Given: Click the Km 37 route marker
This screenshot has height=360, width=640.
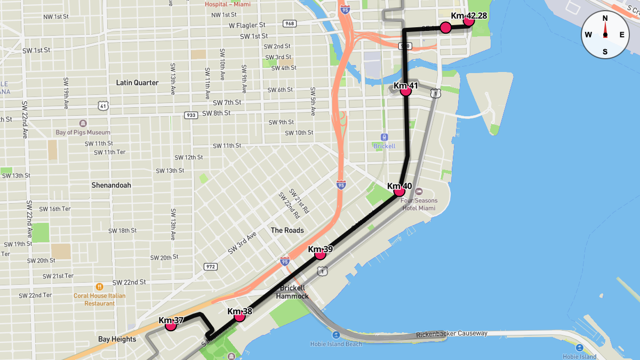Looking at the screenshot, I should pyautogui.click(x=171, y=325).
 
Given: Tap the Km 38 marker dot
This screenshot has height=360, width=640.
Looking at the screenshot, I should pyautogui.click(x=239, y=316).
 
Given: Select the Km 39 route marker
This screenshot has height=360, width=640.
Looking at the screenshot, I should pyautogui.click(x=320, y=254).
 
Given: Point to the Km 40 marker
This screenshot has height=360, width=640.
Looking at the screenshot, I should pyautogui.click(x=399, y=191).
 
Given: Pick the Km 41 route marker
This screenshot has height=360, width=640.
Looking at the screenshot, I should pyautogui.click(x=406, y=91).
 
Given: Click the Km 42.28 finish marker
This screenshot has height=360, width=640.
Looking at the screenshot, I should pyautogui.click(x=469, y=21).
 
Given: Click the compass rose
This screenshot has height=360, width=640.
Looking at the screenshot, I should pyautogui.click(x=605, y=35).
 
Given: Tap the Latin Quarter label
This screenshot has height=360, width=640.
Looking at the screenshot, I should pyautogui.click(x=137, y=83).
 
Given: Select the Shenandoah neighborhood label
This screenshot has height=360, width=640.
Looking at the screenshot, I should pyautogui.click(x=111, y=185).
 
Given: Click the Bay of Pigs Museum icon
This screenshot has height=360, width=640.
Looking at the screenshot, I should pyautogui.click(x=83, y=123).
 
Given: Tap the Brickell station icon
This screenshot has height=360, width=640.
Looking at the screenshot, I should pyautogui.click(x=384, y=137).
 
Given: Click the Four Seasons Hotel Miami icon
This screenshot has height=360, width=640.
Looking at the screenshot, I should pyautogui.click(x=419, y=191).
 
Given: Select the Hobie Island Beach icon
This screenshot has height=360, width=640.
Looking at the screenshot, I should pyautogui.click(x=336, y=335).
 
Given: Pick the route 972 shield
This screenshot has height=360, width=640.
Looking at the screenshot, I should pyautogui.click(x=210, y=266).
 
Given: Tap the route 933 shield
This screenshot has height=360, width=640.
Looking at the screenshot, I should pyautogui.click(x=190, y=115).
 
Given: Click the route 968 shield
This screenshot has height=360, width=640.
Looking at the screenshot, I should pyautogui.click(x=290, y=23).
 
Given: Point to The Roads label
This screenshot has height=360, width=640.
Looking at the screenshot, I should pyautogui.click(x=287, y=230).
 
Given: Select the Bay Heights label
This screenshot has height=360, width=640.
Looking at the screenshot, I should pyautogui.click(x=117, y=339).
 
